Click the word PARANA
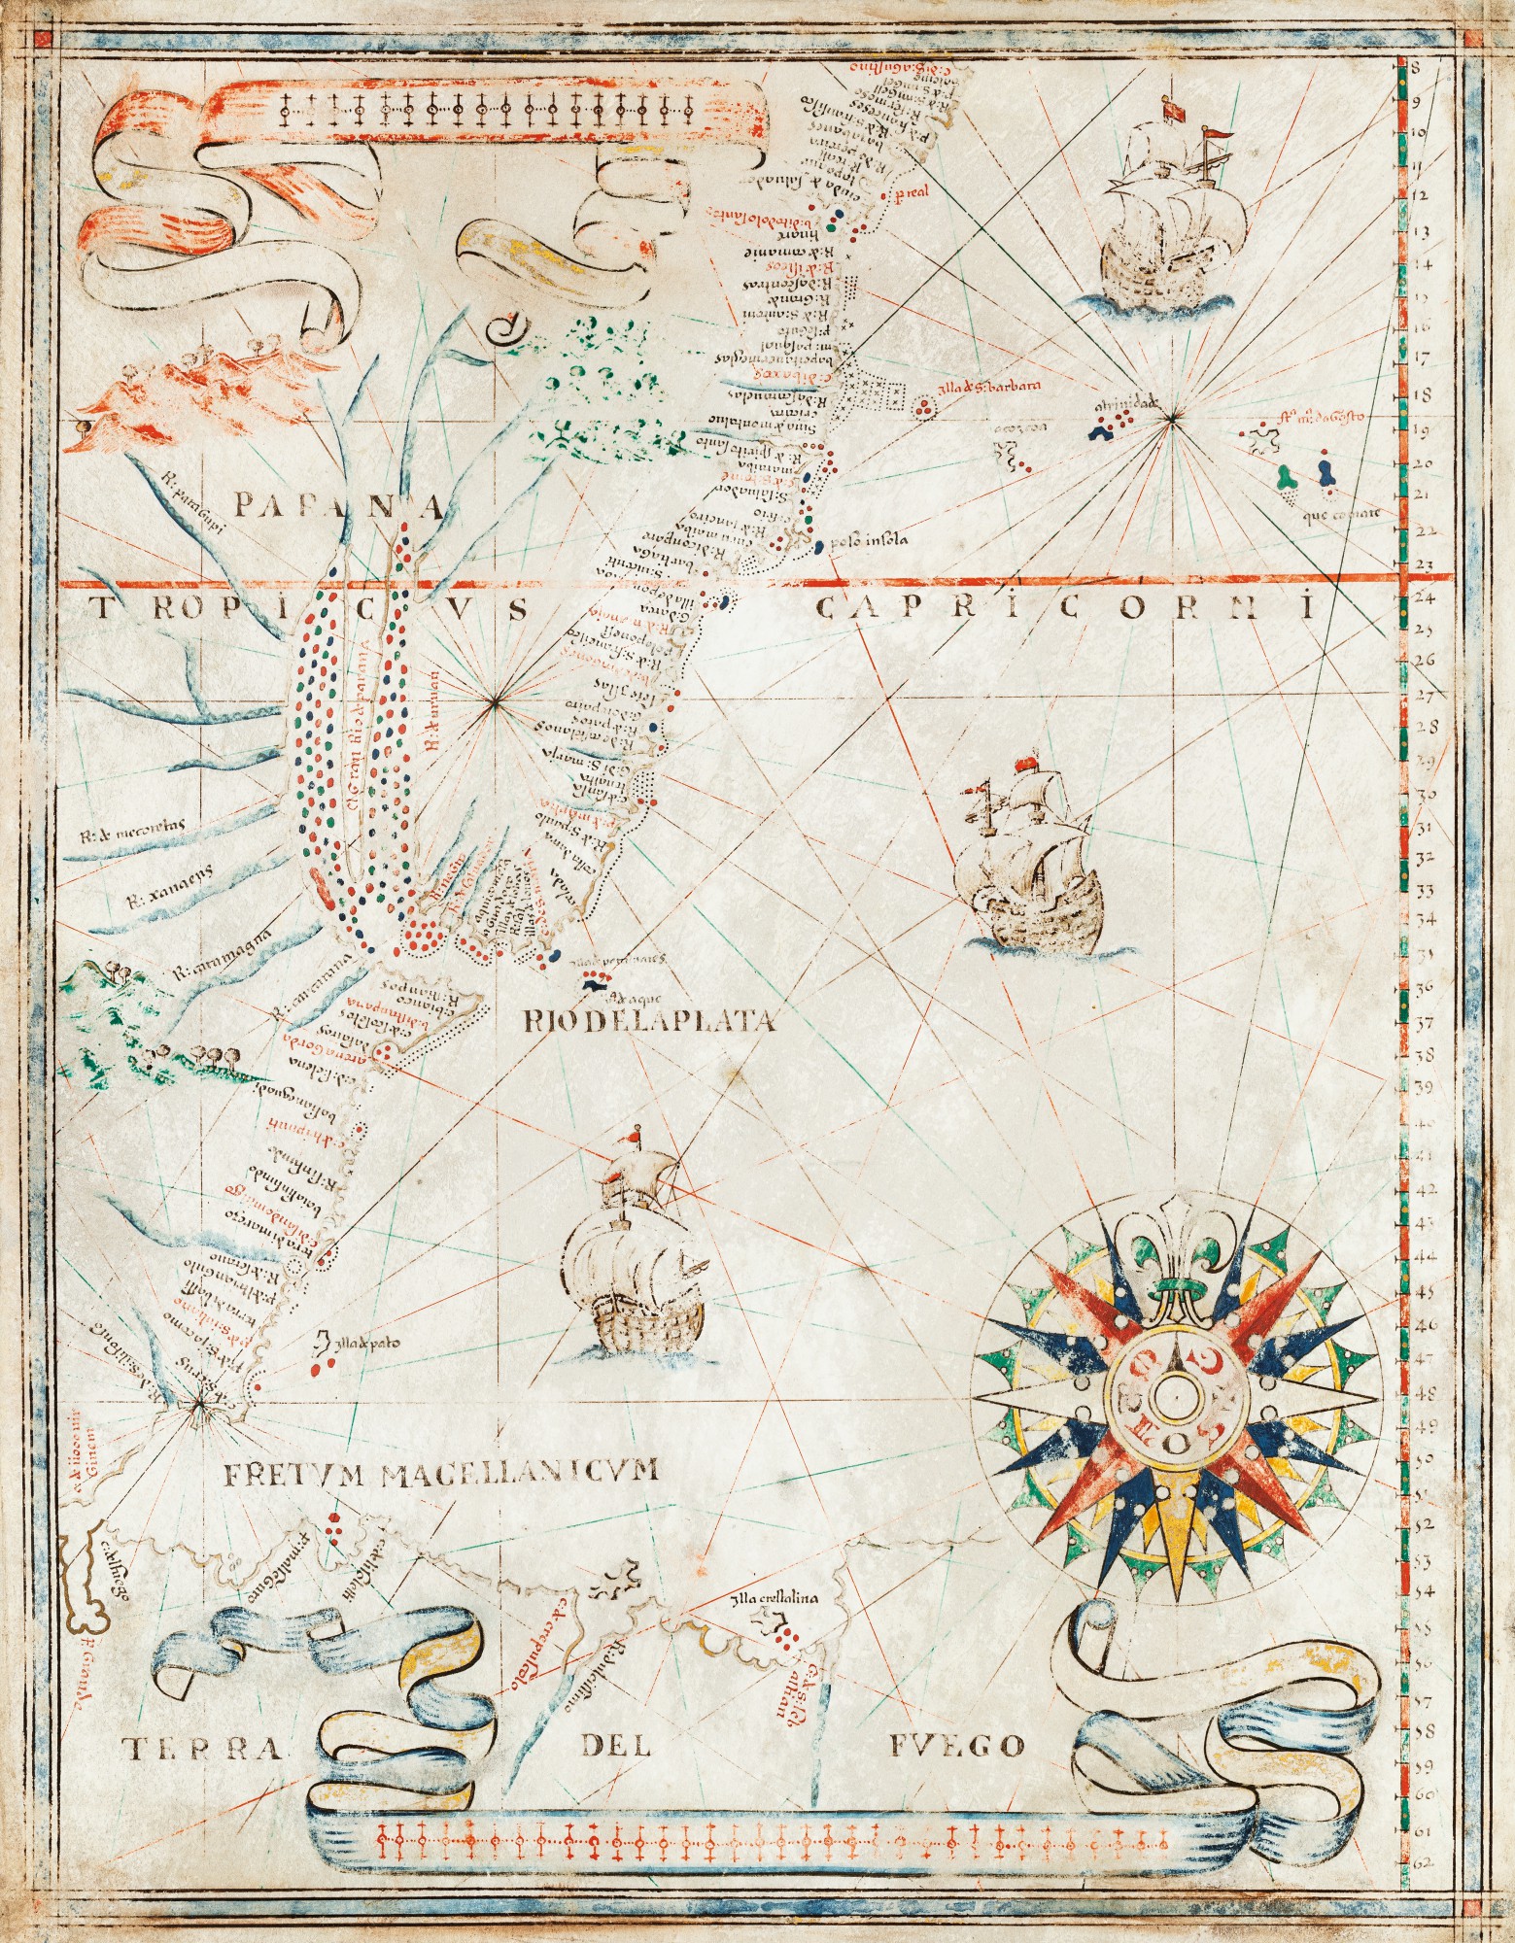tap(339, 505)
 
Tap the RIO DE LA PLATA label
tap(648, 1021)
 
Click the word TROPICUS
tap(309, 610)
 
